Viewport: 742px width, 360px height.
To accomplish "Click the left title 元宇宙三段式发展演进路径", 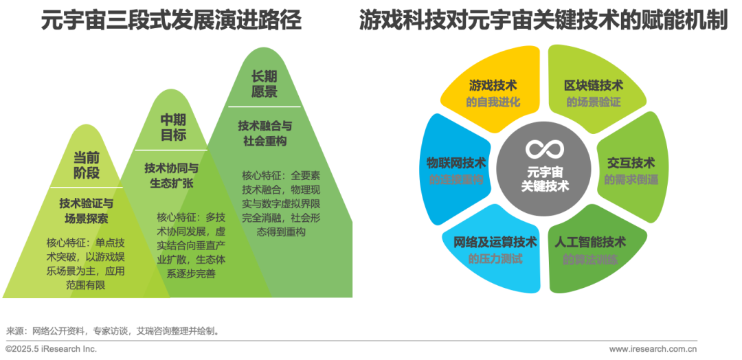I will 171,21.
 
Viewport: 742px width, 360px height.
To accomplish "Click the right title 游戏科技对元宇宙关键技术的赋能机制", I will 543,21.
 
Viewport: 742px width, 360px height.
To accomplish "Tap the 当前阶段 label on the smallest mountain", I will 87,166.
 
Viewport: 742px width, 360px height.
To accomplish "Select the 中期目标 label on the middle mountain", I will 173,128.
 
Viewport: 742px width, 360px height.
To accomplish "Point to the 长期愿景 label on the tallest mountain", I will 264,84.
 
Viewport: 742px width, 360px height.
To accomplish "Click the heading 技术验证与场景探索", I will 87,211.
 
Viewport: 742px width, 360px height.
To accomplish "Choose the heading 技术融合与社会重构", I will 265,133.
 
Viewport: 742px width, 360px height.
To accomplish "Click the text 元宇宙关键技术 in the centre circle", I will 545,179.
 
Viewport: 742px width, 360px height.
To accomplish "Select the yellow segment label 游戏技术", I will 493,85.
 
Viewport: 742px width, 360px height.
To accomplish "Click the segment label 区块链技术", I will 594,85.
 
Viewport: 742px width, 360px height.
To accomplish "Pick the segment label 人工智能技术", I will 590,243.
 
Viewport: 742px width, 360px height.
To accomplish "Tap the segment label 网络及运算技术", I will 495,242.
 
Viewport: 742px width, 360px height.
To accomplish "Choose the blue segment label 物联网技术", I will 456,163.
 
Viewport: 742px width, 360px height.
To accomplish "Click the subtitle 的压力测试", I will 495,259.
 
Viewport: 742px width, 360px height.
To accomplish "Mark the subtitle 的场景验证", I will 594,102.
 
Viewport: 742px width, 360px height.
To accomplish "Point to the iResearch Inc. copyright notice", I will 51,349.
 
